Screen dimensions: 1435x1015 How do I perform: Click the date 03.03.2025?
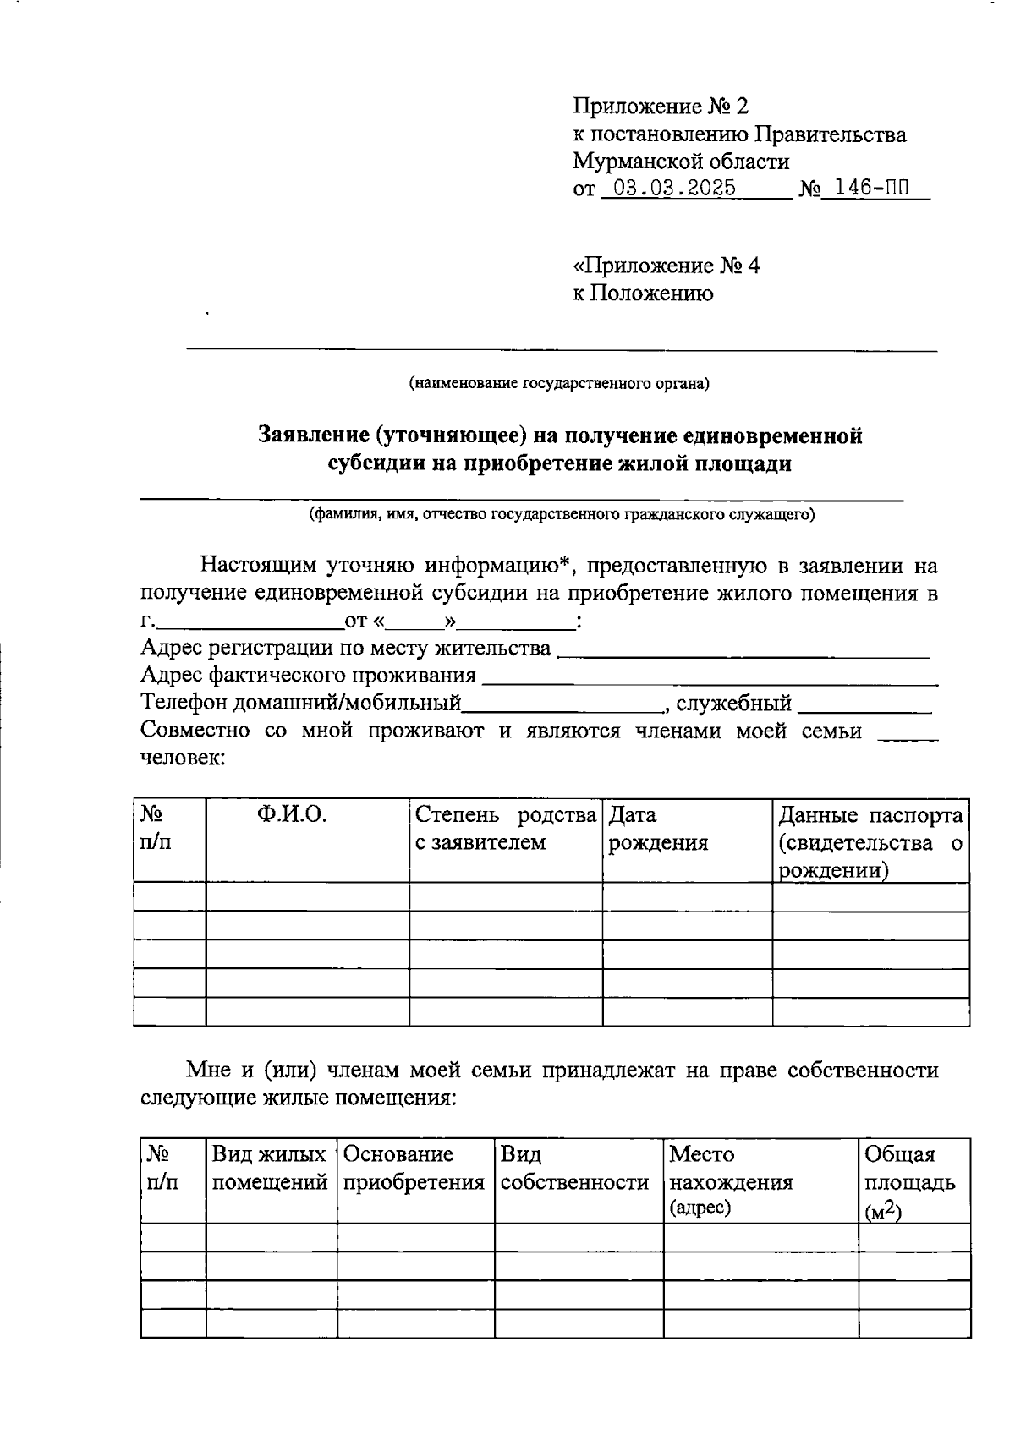pyautogui.click(x=673, y=189)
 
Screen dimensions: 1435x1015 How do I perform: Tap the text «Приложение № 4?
pyautogui.click(x=667, y=266)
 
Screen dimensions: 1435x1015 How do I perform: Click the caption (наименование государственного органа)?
pyautogui.click(x=559, y=384)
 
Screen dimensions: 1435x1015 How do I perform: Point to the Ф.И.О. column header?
pyautogui.click(x=293, y=815)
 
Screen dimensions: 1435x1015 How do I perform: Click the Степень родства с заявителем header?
pyautogui.click(x=505, y=830)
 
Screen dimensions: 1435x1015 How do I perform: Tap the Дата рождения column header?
pyautogui.click(x=658, y=830)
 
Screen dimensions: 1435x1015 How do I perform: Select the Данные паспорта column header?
pyautogui.click(x=870, y=842)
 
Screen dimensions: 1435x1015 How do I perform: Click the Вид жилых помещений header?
pyautogui.click(x=270, y=1169)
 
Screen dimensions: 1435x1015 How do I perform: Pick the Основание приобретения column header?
pyautogui.click(x=414, y=1169)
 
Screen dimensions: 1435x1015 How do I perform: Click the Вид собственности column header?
pyautogui.click(x=575, y=1169)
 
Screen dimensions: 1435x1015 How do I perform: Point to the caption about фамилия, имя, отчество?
pyautogui.click(x=562, y=514)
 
